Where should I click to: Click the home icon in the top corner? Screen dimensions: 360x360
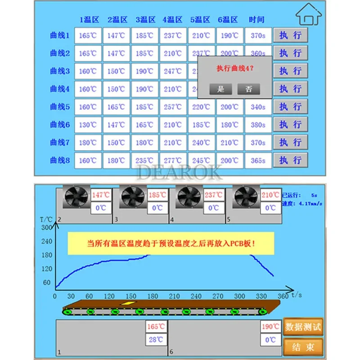point(310,14)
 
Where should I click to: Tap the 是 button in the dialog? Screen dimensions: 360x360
point(220,89)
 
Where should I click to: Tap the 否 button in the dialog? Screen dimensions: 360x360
point(249,89)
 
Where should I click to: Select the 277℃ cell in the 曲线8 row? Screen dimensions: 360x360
point(172,161)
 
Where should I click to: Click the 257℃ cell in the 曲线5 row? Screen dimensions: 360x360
point(172,107)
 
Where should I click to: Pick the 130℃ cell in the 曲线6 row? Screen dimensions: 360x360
point(88,125)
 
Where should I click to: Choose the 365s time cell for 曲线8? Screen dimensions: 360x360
point(258,161)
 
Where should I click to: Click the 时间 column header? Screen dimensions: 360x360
point(256,20)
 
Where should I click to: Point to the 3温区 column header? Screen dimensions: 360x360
point(145,20)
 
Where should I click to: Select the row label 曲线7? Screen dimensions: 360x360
point(60,143)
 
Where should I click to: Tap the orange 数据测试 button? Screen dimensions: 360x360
point(303,327)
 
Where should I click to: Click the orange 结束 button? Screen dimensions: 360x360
point(303,347)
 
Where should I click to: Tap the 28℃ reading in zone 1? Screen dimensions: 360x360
point(156,340)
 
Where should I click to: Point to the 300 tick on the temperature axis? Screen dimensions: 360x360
point(46,227)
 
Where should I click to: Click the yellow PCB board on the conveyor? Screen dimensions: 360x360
point(128,304)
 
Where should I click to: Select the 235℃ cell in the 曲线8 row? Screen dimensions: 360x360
point(144,161)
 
